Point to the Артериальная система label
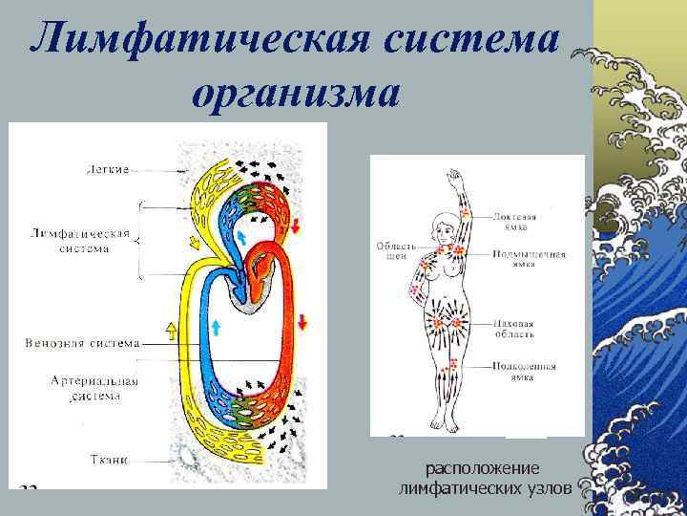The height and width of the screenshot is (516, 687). [94, 387]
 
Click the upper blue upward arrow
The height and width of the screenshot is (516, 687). [241, 234]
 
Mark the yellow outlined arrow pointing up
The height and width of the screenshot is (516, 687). [172, 332]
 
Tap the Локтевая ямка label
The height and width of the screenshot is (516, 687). [515, 222]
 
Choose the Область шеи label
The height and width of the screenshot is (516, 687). [391, 249]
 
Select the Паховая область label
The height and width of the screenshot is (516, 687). [514, 329]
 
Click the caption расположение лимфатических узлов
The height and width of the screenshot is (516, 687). [484, 479]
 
